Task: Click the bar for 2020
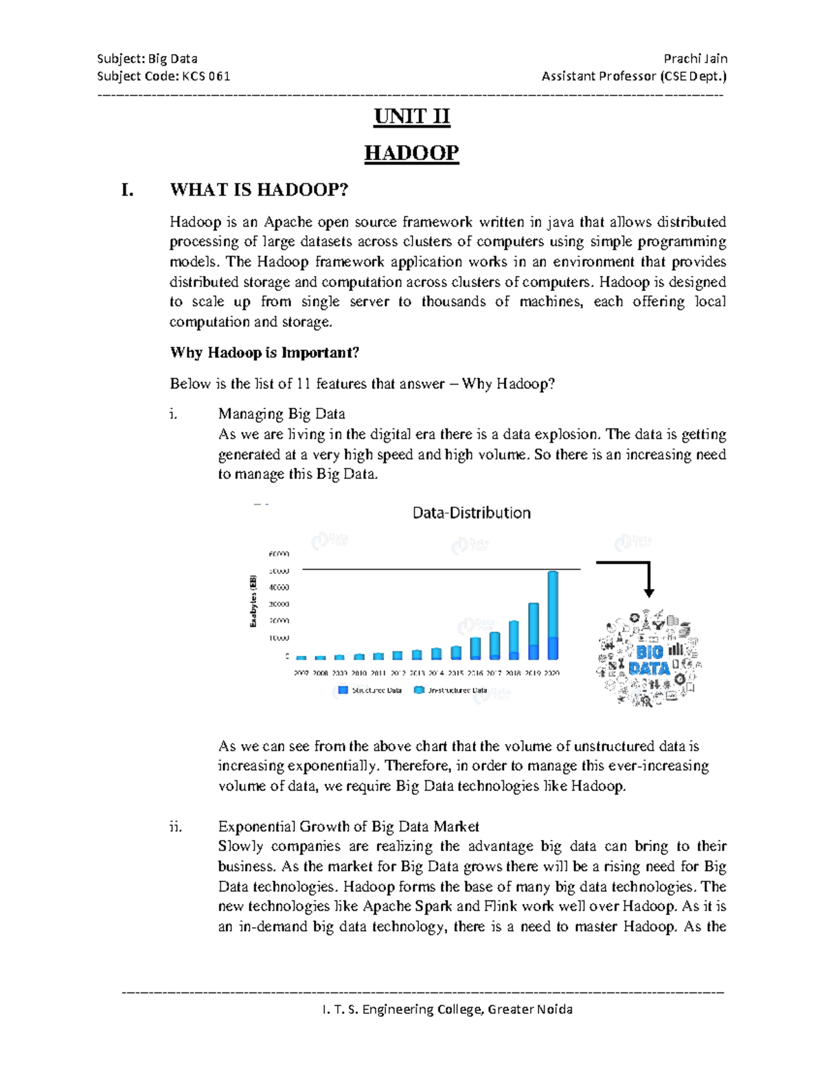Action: tap(553, 615)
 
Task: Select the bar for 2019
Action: tap(534, 632)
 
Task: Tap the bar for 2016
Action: tap(475, 648)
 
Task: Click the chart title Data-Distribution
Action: tap(471, 513)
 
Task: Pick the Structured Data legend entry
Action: tap(370, 690)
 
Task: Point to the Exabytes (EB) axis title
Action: tap(253, 601)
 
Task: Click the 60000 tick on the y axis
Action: tap(279, 554)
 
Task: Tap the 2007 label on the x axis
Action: tap(301, 673)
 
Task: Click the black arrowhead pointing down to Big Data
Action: tap(648, 592)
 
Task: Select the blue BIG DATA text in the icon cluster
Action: tap(649, 660)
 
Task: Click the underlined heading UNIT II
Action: tap(411, 117)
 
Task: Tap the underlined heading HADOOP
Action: tap(411, 152)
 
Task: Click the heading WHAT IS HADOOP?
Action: tap(259, 189)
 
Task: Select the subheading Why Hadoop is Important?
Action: tap(264, 353)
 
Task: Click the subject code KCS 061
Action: tap(206, 76)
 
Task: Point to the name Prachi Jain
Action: tap(695, 59)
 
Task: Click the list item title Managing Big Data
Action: tap(282, 414)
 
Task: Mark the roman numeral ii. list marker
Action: tap(175, 826)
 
